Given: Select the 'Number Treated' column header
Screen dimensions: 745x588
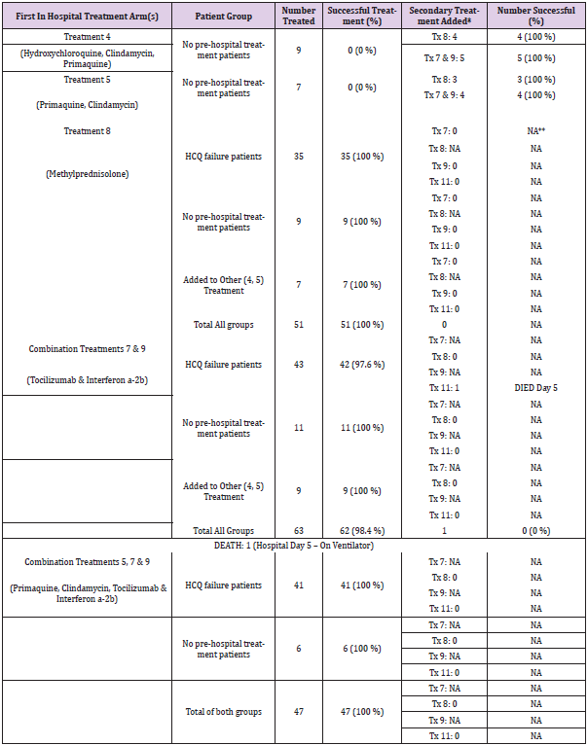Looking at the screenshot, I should click(299, 16).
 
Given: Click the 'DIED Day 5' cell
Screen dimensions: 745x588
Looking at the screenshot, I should click(535, 388).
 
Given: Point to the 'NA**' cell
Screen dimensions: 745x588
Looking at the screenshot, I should click(535, 129).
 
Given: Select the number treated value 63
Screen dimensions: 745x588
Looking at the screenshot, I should click(299, 531).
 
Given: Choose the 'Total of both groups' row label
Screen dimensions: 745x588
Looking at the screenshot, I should click(223, 712).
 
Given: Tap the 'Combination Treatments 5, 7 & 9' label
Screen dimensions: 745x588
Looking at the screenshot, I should click(87, 562).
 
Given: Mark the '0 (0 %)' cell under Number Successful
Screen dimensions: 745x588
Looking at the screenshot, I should click(535, 531).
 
